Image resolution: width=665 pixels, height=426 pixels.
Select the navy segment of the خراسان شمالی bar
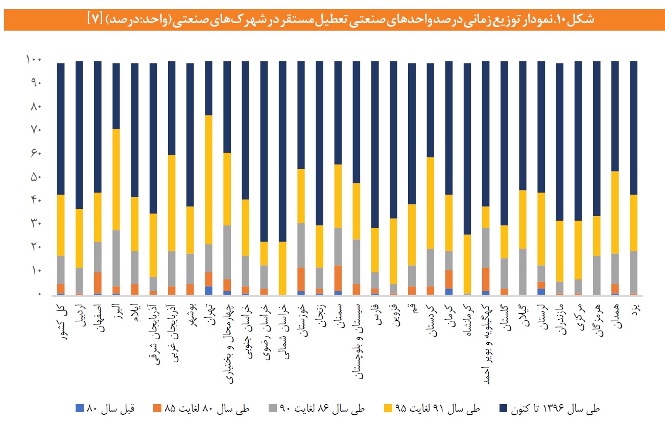(x=282, y=151)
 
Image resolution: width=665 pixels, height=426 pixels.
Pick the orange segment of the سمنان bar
(x=338, y=278)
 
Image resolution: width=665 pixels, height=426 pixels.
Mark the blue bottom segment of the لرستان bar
(x=541, y=292)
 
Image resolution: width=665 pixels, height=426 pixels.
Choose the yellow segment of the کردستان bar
(x=430, y=203)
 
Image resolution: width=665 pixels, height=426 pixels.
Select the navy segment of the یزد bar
(x=633, y=128)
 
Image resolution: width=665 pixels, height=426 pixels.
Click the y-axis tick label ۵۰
(x=34, y=177)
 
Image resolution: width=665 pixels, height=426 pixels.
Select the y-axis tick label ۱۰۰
(x=32, y=60)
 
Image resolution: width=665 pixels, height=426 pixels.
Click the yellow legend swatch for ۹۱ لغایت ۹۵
(x=388, y=409)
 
